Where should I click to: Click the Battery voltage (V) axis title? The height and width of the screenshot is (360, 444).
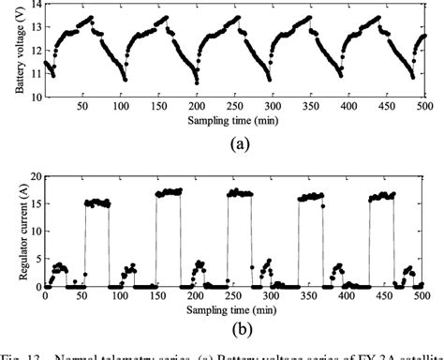click(10, 52)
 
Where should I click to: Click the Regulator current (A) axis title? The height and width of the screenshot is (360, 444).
click(10, 232)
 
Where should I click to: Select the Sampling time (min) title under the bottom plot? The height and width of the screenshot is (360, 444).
click(238, 308)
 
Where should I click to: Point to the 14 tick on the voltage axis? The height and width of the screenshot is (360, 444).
click(35, 6)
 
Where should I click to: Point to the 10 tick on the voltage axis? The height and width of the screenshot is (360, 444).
click(35, 97)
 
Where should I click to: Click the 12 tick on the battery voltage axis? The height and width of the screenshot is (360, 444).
click(35, 52)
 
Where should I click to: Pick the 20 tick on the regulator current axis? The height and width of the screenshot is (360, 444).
click(35, 176)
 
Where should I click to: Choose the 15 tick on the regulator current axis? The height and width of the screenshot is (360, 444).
click(35, 203)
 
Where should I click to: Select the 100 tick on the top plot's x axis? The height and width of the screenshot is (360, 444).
click(120, 108)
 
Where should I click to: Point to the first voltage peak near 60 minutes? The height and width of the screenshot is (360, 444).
click(90, 17)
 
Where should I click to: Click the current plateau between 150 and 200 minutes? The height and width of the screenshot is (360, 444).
click(170, 191)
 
